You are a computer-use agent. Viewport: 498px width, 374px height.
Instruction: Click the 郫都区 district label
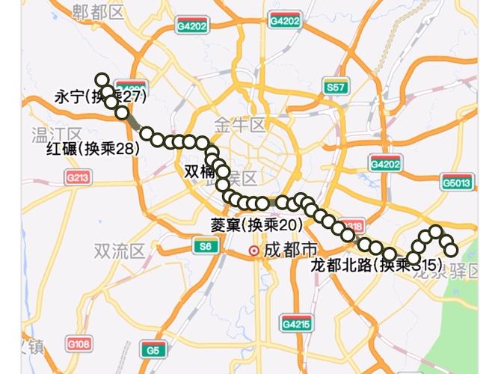pos(98,11)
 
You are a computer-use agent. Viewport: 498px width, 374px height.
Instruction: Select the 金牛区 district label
pos(240,124)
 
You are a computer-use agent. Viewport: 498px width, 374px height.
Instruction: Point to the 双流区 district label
pos(119,251)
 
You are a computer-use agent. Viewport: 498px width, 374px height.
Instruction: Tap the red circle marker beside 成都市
pos(254,251)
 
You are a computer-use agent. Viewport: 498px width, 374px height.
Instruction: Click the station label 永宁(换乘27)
pos(99,96)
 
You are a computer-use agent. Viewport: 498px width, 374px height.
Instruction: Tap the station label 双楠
pos(199,171)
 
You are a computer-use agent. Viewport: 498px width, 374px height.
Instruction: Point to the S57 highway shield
pos(335,88)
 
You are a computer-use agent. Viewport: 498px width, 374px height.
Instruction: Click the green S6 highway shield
pos(204,246)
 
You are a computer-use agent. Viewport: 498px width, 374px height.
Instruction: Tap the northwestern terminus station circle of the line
pos(102,80)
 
